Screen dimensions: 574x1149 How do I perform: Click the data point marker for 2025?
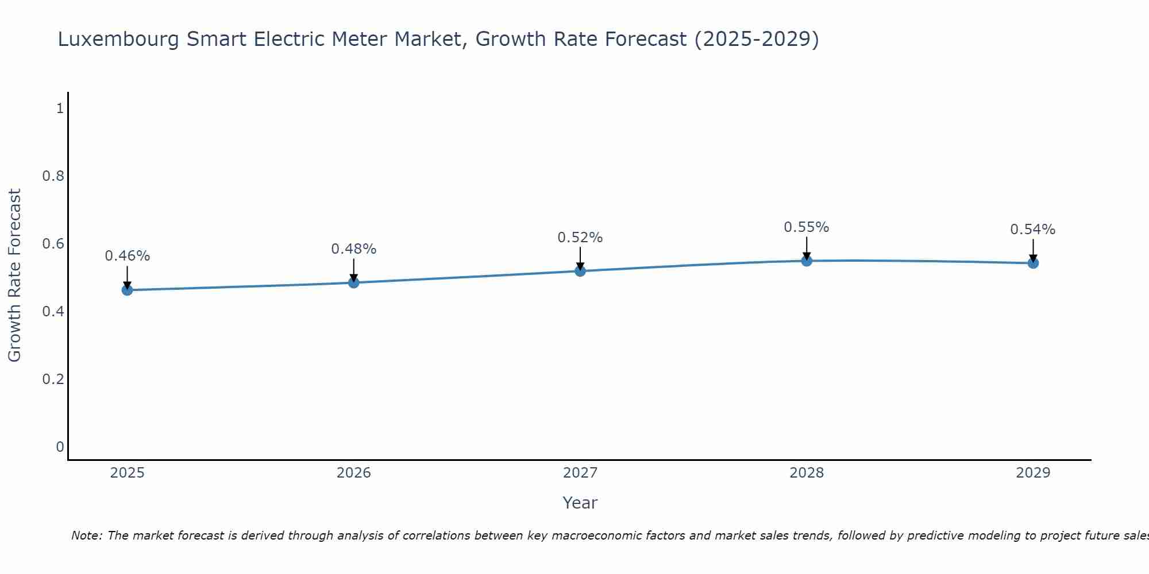127,290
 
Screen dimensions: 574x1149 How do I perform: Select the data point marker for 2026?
353,282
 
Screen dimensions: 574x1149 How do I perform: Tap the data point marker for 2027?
580,271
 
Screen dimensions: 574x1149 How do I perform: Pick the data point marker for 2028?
807,261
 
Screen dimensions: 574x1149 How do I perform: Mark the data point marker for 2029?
1033,263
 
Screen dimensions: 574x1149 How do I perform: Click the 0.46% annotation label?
127,256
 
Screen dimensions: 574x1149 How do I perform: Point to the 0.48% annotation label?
353,249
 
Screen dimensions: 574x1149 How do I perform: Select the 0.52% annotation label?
580,238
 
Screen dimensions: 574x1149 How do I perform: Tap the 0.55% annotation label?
807,227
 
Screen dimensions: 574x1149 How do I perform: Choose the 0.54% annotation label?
1033,230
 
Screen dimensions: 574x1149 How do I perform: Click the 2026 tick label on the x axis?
353,473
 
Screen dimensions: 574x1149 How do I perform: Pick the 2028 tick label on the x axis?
807,473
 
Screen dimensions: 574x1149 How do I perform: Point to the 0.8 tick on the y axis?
53,176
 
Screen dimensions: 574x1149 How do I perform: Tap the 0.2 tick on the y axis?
53,379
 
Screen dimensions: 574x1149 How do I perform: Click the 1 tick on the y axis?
59,108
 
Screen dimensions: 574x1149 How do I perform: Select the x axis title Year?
580,503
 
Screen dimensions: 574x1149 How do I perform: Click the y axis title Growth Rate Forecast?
14,276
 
